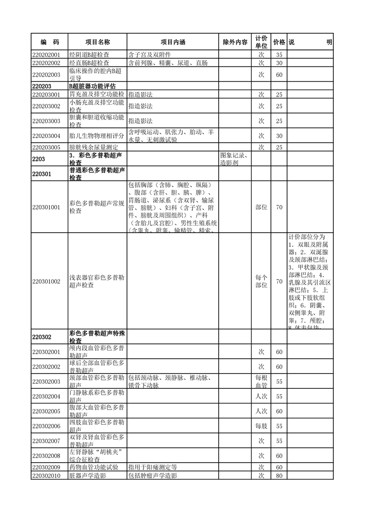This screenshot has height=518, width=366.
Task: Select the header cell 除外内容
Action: pyautogui.click(x=235, y=42)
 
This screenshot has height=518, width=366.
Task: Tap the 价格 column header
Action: pyautogui.click(x=279, y=42)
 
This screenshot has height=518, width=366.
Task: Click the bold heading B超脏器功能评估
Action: pyautogui.click(x=92, y=86)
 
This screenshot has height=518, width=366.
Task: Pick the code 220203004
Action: pyautogui.click(x=47, y=136)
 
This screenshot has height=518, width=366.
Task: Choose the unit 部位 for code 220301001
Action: pyautogui.click(x=261, y=207)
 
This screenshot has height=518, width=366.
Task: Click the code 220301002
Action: pyautogui.click(x=47, y=282)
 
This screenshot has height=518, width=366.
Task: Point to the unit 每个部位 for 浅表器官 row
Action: pyautogui.click(x=261, y=282)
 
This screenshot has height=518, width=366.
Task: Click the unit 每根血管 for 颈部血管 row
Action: pyautogui.click(x=261, y=382)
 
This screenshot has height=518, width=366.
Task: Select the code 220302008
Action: pyautogui.click(x=47, y=456)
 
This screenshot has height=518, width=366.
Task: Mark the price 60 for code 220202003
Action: pyautogui.click(x=279, y=74)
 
